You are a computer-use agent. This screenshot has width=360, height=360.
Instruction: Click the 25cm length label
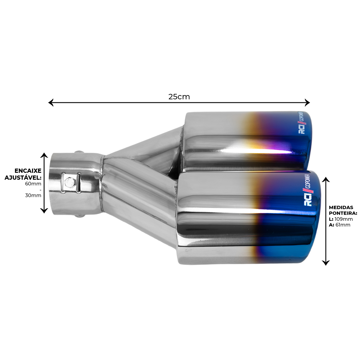pos(179,97)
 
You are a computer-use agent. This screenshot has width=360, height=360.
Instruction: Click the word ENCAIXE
pos(28,171)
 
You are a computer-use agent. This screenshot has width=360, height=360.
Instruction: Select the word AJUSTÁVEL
pos(23,178)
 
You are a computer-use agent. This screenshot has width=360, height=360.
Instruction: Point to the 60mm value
pos(33,184)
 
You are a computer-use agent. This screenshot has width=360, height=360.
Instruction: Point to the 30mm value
pos(33,195)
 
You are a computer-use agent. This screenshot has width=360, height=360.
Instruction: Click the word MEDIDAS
pos(341,207)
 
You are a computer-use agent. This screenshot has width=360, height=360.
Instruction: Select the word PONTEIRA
pos(343,213)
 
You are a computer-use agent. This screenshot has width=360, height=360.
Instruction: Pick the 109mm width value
pos(343,219)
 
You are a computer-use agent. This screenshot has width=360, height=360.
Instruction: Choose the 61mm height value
pos(343,225)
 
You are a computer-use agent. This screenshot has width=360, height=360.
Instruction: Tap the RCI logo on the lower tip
pos(308,199)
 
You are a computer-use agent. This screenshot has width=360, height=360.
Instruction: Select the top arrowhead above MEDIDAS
pos(326,179)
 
